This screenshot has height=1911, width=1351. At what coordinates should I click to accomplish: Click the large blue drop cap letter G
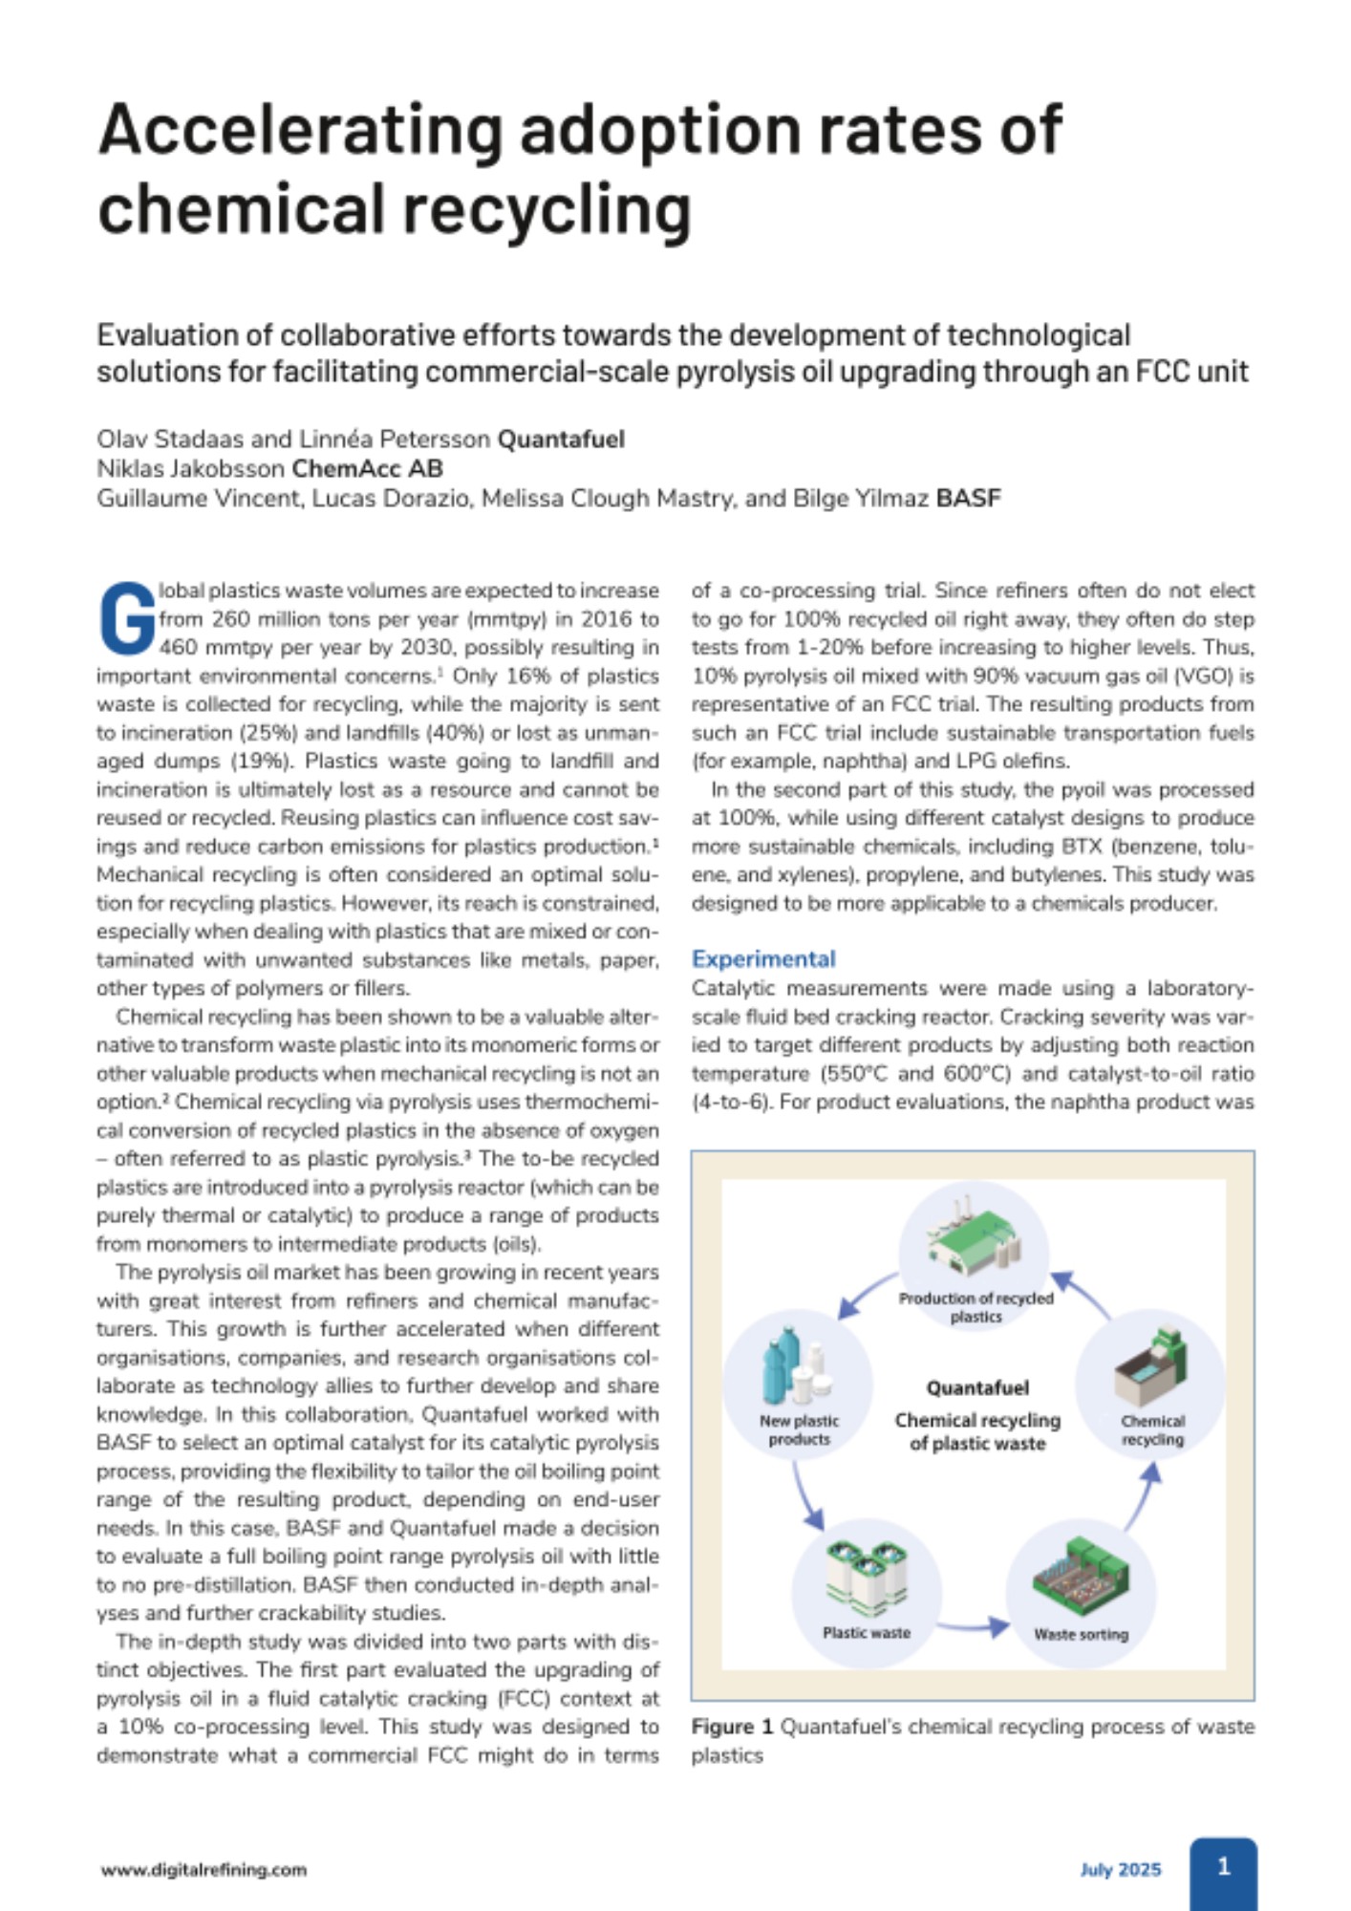point(126,618)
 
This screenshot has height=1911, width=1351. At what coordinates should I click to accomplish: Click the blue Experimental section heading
point(762,958)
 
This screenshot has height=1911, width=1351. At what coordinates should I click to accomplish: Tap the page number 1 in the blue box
point(1223,1866)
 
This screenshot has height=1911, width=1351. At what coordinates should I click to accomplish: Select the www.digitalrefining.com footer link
point(204,1870)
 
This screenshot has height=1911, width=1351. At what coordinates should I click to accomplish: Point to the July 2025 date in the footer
point(1120,1870)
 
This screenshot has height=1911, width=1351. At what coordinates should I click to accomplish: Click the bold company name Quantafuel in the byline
point(561,440)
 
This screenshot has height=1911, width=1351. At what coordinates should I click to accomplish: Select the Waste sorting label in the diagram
point(1081,1634)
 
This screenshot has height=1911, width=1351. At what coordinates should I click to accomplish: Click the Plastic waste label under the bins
point(866,1632)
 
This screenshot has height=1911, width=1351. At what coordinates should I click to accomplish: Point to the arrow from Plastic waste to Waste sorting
point(972,1625)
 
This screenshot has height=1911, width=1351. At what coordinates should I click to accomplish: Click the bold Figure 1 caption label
point(732,1727)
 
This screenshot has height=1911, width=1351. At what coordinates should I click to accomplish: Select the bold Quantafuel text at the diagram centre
point(976,1387)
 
